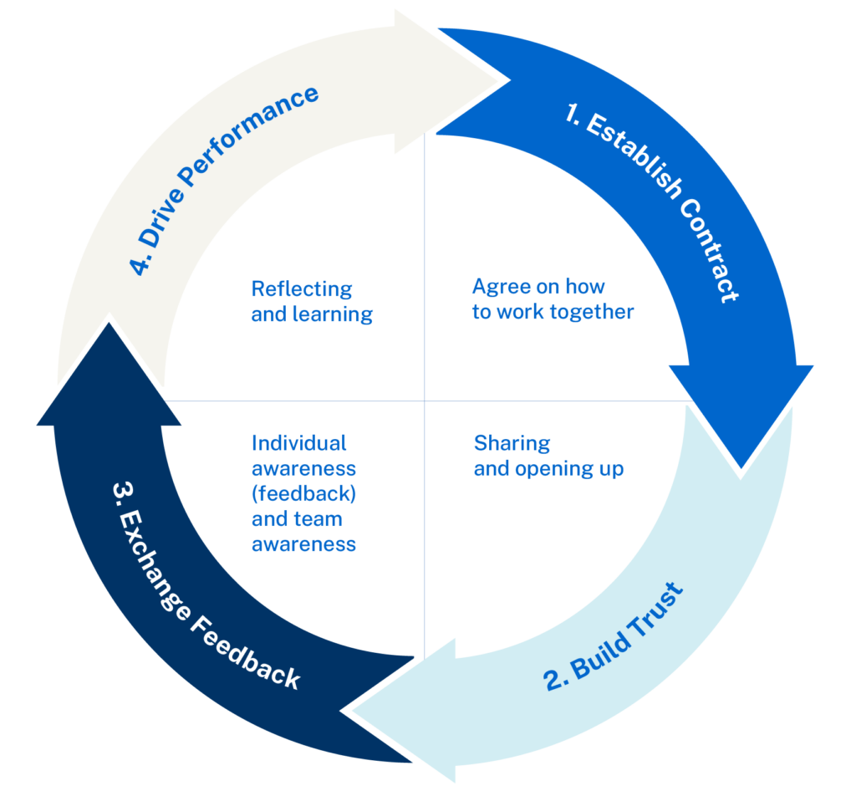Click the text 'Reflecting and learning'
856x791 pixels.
(312, 302)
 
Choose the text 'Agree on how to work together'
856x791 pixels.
(553, 299)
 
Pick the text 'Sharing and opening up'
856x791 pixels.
(548, 456)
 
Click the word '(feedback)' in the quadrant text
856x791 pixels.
(303, 493)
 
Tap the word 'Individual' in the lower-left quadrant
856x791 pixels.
(298, 442)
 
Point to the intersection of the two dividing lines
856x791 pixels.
(425, 401)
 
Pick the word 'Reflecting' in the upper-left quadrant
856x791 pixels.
(301, 289)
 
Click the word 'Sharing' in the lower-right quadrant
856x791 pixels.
(512, 442)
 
